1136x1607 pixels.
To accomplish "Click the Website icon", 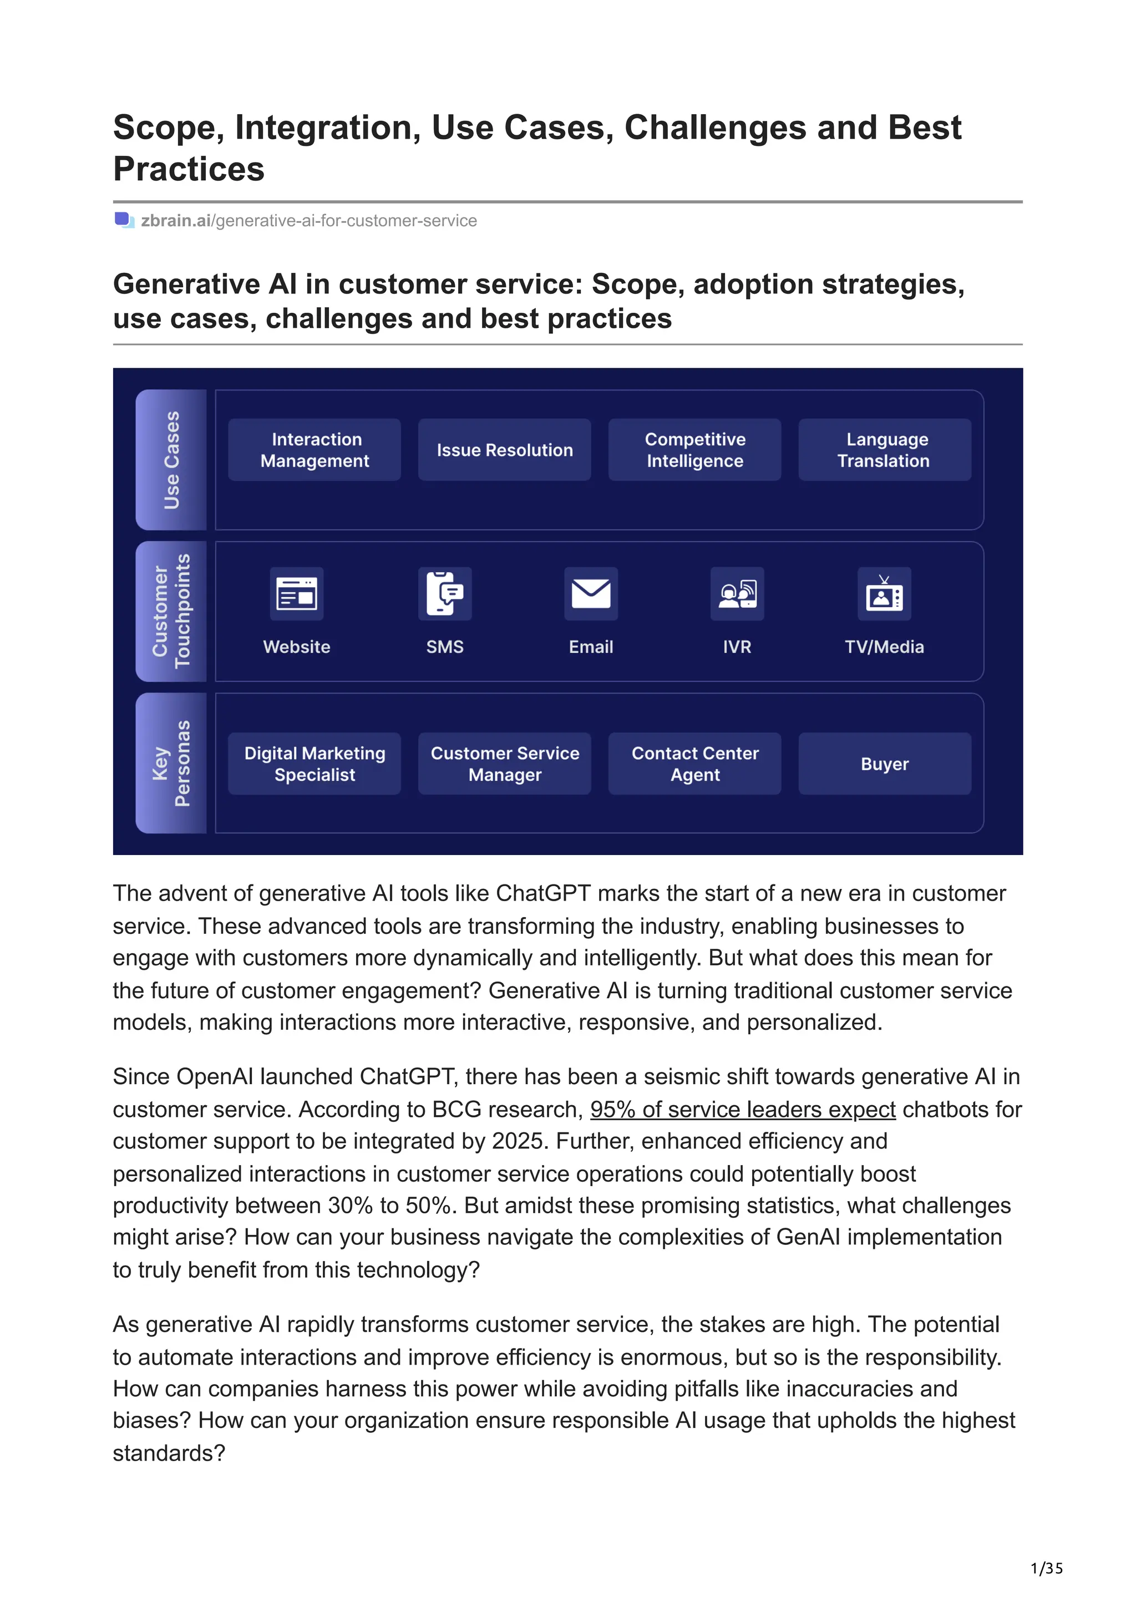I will [297, 593].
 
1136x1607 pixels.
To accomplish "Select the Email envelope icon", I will [591, 593].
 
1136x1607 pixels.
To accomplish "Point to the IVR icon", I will [737, 593].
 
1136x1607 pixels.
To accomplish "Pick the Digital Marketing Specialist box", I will [315, 764].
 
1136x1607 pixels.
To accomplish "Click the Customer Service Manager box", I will [504, 764].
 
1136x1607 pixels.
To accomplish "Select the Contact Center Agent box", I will [694, 764].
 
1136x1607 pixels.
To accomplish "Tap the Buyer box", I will [884, 764].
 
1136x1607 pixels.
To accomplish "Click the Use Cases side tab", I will [171, 460].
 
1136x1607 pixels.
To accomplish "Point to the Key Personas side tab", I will [171, 763].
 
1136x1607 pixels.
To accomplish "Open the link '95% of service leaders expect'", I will [743, 1110].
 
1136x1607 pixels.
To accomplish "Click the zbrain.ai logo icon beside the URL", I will [124, 221].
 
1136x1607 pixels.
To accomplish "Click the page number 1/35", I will [1046, 1569].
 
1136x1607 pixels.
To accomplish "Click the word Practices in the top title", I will [189, 169].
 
